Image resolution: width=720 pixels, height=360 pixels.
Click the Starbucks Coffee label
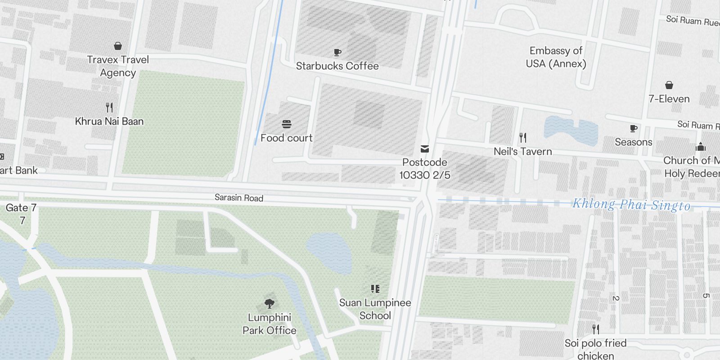click(337, 66)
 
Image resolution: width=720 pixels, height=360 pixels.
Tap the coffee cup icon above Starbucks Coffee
click(337, 53)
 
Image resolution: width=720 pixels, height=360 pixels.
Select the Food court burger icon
click(287, 124)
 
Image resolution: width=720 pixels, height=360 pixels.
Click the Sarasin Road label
click(239, 198)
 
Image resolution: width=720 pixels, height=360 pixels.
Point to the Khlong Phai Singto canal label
click(631, 205)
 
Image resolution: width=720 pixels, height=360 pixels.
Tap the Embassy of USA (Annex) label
click(556, 57)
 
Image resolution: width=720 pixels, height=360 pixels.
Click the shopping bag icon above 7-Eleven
click(669, 85)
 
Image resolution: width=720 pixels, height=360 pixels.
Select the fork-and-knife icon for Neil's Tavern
click(522, 137)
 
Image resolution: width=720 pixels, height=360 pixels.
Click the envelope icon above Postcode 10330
click(424, 149)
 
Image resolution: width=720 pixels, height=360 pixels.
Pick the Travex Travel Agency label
click(118, 66)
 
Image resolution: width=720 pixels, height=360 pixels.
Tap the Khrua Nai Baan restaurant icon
click(109, 108)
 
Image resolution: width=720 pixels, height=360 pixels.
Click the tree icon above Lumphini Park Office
click(270, 303)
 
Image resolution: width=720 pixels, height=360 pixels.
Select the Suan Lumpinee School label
click(375, 309)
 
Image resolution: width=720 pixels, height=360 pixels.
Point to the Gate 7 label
click(21, 208)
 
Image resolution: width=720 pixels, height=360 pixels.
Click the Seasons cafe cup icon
click(634, 129)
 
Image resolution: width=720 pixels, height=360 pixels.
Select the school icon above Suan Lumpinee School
click(375, 288)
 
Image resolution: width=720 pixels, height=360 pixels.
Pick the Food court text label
click(287, 138)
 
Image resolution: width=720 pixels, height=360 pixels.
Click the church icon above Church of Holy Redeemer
click(701, 147)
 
